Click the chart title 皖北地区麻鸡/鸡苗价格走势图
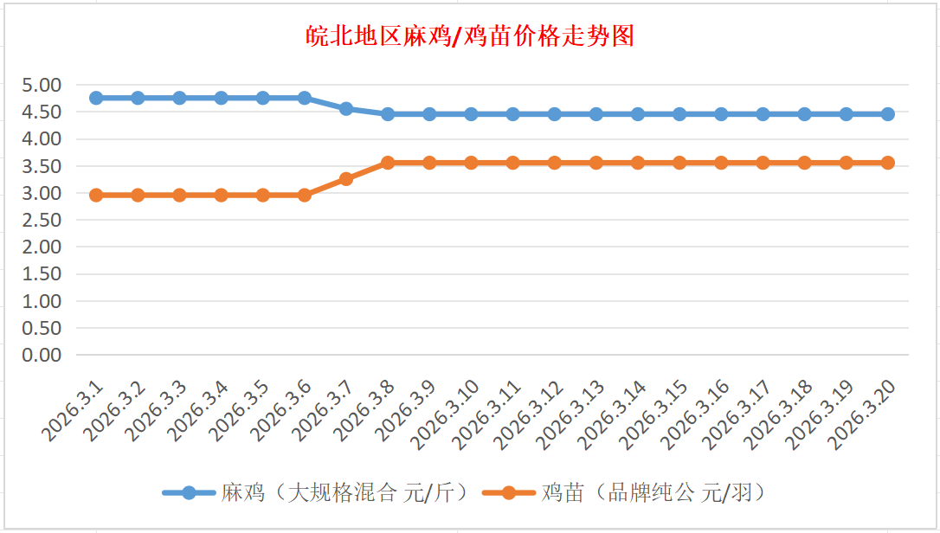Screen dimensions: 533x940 click(x=470, y=36)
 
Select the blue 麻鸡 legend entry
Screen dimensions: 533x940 click(x=316, y=493)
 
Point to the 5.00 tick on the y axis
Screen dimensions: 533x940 click(x=43, y=85)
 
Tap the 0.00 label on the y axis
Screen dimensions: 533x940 click(x=43, y=355)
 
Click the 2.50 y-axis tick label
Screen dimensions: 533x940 click(x=43, y=220)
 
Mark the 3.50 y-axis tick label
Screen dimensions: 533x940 click(x=43, y=166)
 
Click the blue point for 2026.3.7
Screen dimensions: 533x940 click(x=346, y=109)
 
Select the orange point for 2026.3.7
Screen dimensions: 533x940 click(x=346, y=179)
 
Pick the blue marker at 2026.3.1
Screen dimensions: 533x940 click(x=96, y=98)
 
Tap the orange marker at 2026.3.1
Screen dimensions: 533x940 click(x=96, y=196)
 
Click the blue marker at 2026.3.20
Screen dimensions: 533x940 click(x=888, y=114)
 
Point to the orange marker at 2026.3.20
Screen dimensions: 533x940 click(x=888, y=163)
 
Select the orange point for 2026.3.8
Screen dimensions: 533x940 click(x=388, y=163)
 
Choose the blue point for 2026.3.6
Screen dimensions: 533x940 click(x=305, y=98)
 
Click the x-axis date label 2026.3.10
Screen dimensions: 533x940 click(x=446, y=413)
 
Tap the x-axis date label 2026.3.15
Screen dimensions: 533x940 click(x=654, y=413)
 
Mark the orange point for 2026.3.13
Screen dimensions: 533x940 click(x=596, y=163)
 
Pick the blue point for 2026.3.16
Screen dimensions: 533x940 click(x=721, y=114)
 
